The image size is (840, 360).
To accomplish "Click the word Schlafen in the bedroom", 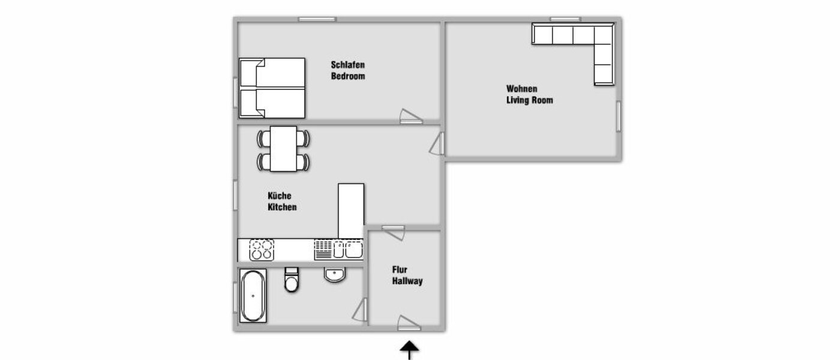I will (x=348, y=65).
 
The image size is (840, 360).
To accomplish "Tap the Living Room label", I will (x=529, y=100).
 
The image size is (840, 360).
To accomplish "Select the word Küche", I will (x=279, y=196).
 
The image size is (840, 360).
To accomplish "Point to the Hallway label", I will (x=407, y=281).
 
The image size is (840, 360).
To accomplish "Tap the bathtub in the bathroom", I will (x=252, y=295).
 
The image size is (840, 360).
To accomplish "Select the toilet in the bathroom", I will (x=292, y=280).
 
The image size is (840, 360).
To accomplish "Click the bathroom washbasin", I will (x=334, y=274).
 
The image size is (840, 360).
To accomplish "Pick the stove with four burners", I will (x=262, y=250).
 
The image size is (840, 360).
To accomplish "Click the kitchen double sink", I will (x=347, y=249).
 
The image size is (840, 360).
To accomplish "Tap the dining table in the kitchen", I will (x=283, y=148).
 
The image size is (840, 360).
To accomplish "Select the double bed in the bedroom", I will (x=272, y=88).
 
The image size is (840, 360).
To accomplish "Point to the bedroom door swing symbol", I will (x=411, y=116).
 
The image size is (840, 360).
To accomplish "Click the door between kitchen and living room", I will (x=437, y=144).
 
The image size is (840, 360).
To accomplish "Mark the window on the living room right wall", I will (x=618, y=116).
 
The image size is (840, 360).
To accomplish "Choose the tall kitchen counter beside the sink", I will (x=351, y=211).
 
